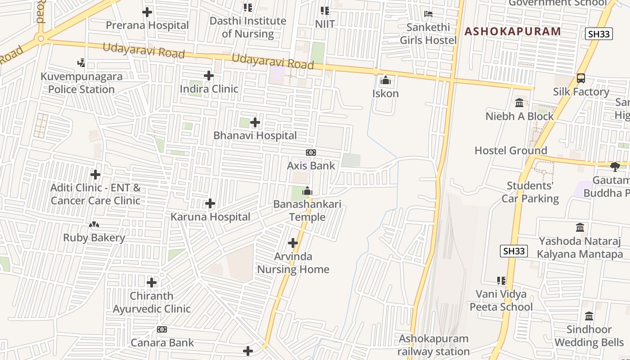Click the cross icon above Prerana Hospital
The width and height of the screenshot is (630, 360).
coord(147,12)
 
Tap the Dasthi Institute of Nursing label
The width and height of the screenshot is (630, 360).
coord(247,27)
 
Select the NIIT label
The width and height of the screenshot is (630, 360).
coord(325,24)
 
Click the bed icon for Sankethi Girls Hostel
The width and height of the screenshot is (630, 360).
coord(428,14)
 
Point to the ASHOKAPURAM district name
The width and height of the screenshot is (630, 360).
coord(513,31)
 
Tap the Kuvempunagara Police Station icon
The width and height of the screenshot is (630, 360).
coord(81,63)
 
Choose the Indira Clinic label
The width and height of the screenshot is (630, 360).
coord(209,89)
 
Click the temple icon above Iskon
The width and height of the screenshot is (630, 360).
coord(386,81)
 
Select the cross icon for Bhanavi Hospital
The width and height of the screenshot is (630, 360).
coord(255,122)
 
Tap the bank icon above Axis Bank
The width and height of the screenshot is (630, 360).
coord(311,153)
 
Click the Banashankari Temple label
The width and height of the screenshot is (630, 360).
coord(307,210)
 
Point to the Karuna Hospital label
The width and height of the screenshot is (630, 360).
coord(210,216)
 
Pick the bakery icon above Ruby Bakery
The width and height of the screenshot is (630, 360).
coord(94,225)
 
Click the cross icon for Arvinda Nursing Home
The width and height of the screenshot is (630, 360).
coord(293,243)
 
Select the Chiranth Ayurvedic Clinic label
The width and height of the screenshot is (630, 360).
coord(152,302)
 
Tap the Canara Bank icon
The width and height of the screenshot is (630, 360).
coord(162,330)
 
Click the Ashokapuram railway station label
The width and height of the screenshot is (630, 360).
coord(433,345)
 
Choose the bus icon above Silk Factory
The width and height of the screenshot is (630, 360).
coord(581,79)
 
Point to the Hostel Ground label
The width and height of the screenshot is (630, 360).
coord(511,150)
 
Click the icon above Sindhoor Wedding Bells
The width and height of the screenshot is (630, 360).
coord(589,316)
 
